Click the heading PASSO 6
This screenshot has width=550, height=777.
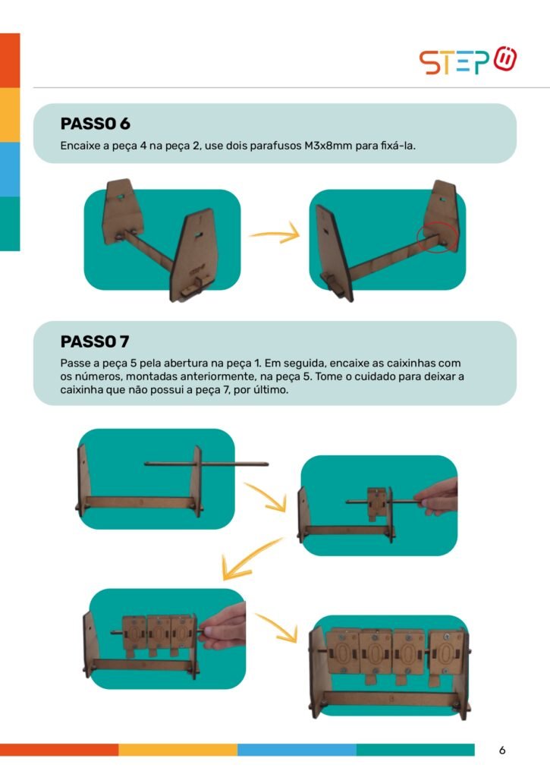tap(95, 124)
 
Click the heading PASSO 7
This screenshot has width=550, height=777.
tap(95, 341)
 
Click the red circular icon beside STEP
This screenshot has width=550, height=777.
tap(505, 59)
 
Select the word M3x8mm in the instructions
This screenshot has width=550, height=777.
tap(328, 146)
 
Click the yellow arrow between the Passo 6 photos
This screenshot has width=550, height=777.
tap(275, 234)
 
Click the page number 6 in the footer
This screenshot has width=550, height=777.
tap(502, 750)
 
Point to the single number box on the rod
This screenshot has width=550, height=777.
tap(378, 503)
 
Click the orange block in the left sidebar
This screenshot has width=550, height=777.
tap(10, 61)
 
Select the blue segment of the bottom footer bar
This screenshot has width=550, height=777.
tap(297, 750)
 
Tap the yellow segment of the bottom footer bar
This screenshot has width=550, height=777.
tap(178, 750)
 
